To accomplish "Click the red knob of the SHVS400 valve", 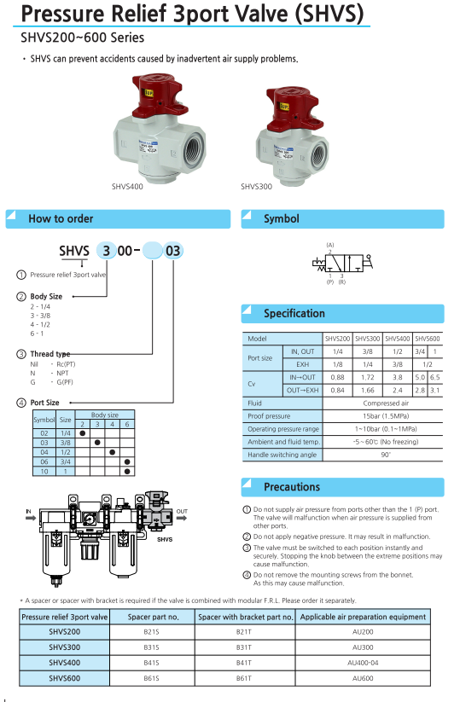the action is pyautogui.click(x=158, y=96).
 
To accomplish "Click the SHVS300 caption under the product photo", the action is pyautogui.click(x=256, y=187).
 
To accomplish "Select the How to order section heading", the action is pyautogui.click(x=61, y=219).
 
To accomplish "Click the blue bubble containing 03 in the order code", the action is pyautogui.click(x=173, y=251).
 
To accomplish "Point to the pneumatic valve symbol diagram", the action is pyautogui.click(x=342, y=263).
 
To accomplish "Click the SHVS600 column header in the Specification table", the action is pyautogui.click(x=428, y=339).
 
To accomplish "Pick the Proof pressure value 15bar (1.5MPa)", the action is pyautogui.click(x=386, y=416).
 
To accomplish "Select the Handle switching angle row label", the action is pyautogui.click(x=282, y=455).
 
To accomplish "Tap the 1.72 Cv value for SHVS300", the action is pyautogui.click(x=367, y=377).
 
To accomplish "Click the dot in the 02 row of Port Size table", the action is pyautogui.click(x=83, y=433).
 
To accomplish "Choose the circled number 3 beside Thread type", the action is pyautogui.click(x=21, y=354).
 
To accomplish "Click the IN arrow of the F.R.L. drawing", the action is pyautogui.click(x=31, y=518).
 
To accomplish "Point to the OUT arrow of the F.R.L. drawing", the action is pyautogui.click(x=182, y=518).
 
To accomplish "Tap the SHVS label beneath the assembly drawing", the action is pyautogui.click(x=165, y=539).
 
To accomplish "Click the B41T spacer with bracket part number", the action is pyautogui.click(x=244, y=663).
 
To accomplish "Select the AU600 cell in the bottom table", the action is pyautogui.click(x=363, y=678).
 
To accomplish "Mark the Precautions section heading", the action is pyautogui.click(x=292, y=487).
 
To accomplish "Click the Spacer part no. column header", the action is pyautogui.click(x=153, y=617).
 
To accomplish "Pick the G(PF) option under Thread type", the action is pyautogui.click(x=65, y=382).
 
